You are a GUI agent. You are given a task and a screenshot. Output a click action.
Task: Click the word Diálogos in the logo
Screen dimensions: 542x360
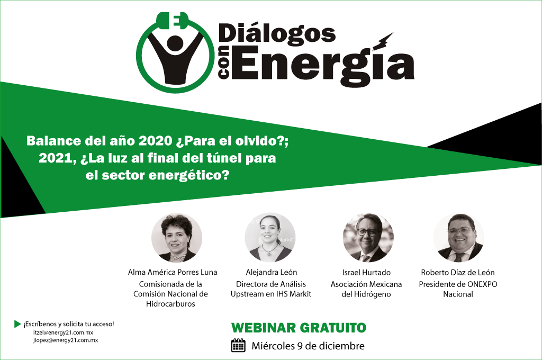277,34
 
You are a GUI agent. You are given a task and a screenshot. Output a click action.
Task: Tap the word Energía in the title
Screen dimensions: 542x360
322,65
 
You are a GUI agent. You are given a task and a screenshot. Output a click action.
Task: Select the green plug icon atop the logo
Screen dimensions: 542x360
173,21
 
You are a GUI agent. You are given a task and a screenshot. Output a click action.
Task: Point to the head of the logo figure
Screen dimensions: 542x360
175,43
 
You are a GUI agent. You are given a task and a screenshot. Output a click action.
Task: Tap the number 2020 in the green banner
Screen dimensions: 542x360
155,141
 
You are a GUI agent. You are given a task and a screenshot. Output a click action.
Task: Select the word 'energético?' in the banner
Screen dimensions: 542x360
189,176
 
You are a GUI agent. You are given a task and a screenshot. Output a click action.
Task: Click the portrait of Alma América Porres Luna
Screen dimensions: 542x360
177,238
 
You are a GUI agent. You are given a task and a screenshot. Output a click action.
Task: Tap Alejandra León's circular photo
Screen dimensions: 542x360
270,238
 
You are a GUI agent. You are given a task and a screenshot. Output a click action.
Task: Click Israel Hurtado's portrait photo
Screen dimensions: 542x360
368,238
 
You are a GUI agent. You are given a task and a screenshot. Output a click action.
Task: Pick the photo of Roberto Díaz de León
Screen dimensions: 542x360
459,238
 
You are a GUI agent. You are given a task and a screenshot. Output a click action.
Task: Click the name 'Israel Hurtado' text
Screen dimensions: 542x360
366,273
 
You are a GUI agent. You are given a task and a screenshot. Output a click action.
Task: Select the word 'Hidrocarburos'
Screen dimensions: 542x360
170,304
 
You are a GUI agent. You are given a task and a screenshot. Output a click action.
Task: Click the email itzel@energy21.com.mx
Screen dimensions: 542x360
64,332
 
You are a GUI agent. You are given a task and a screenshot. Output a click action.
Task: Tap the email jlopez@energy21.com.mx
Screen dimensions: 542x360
66,340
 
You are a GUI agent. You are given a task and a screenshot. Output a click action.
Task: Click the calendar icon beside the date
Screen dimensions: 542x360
238,346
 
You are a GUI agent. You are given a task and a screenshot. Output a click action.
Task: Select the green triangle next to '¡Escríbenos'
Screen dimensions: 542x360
17,324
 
